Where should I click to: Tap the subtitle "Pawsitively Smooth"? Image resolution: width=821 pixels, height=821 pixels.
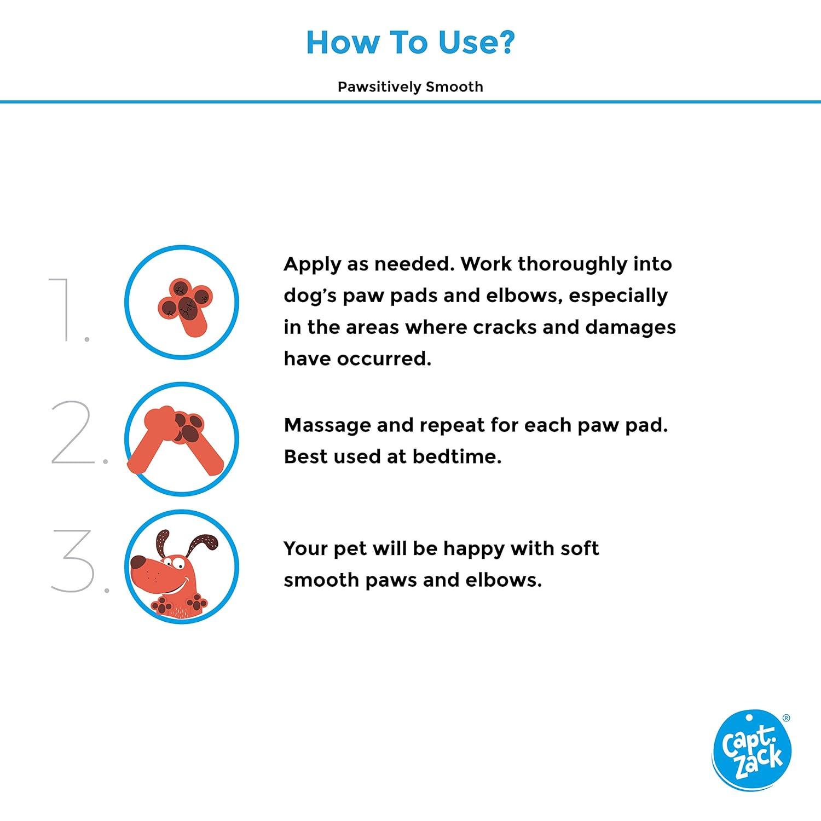point(410,87)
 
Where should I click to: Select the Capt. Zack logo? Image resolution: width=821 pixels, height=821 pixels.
point(751,751)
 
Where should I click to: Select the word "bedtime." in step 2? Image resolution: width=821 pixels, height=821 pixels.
point(457,456)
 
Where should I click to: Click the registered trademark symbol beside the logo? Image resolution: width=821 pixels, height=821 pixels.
point(787,718)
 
